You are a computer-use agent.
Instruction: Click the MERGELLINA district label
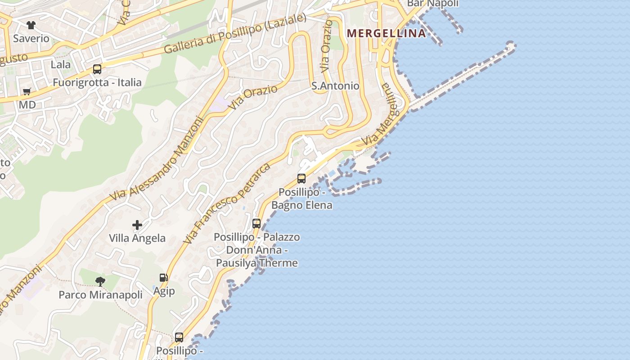pos(387,33)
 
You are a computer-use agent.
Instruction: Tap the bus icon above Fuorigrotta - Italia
pos(97,69)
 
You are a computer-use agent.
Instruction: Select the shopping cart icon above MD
pos(27,92)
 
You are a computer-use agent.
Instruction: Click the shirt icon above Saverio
pos(31,25)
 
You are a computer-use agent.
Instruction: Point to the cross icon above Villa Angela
pos(137,225)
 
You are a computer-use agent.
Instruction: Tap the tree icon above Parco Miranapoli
pos(100,282)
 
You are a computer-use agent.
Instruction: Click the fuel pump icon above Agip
pos(163,278)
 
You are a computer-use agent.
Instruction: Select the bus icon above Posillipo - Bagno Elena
pos(301,179)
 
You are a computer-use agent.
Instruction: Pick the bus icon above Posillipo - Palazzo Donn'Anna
pos(256,223)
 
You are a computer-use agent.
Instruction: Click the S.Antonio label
pos(336,86)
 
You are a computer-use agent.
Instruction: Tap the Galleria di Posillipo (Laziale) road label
pos(235,34)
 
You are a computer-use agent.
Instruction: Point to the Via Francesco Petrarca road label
pos(227,204)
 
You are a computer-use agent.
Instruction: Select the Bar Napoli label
pos(432,4)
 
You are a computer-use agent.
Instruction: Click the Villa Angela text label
pos(137,238)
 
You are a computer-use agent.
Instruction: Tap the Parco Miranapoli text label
pos(100,295)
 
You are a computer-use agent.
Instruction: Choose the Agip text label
pos(164,291)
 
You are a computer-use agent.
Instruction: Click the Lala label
pos(60,64)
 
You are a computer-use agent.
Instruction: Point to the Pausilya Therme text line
pos(257,263)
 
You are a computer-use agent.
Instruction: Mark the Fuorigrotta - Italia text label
pos(97,82)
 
